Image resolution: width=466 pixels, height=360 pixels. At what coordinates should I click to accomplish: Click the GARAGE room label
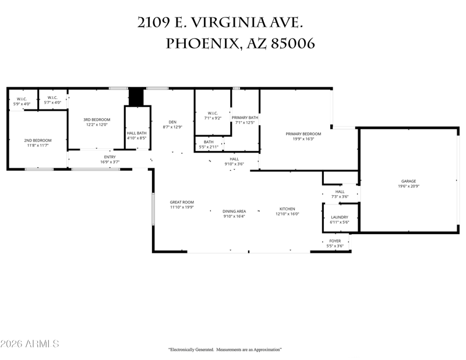(x=409, y=181)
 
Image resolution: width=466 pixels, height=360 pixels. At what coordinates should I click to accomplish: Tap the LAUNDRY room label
(x=340, y=217)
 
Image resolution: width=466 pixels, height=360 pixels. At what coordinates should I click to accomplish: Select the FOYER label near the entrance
(x=335, y=241)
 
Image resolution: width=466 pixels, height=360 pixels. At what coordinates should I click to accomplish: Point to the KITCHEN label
(x=287, y=209)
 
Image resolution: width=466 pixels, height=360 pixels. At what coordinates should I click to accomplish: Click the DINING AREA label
(x=234, y=211)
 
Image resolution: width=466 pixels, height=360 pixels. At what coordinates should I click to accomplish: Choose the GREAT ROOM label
(x=182, y=202)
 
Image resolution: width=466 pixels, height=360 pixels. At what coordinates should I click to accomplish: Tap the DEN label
(x=172, y=122)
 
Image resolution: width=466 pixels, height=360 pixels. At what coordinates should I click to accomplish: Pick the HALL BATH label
(x=137, y=133)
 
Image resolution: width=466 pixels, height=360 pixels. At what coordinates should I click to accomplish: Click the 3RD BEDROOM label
(x=97, y=119)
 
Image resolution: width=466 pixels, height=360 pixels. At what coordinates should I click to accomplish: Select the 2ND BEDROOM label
(x=38, y=140)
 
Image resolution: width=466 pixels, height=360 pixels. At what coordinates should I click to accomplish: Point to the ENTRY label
(x=110, y=157)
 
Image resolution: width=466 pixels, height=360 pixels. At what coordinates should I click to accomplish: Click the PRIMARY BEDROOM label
(x=303, y=134)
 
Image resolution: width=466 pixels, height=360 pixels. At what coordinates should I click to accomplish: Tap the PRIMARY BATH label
(x=245, y=118)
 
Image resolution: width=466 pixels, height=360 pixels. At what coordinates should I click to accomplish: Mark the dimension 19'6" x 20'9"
(x=409, y=186)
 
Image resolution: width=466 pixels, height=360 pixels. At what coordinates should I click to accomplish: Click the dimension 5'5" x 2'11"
(x=209, y=147)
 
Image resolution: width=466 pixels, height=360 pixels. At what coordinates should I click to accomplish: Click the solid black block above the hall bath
(x=136, y=97)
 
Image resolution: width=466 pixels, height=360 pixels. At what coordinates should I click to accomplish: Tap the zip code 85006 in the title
(x=293, y=44)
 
